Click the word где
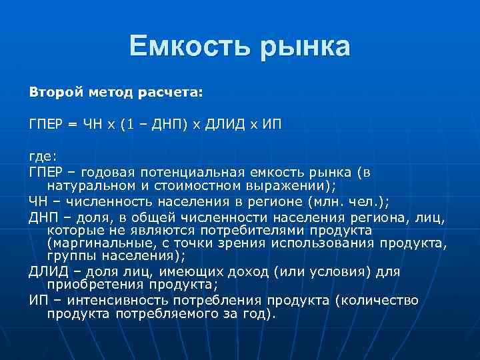[42, 159]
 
